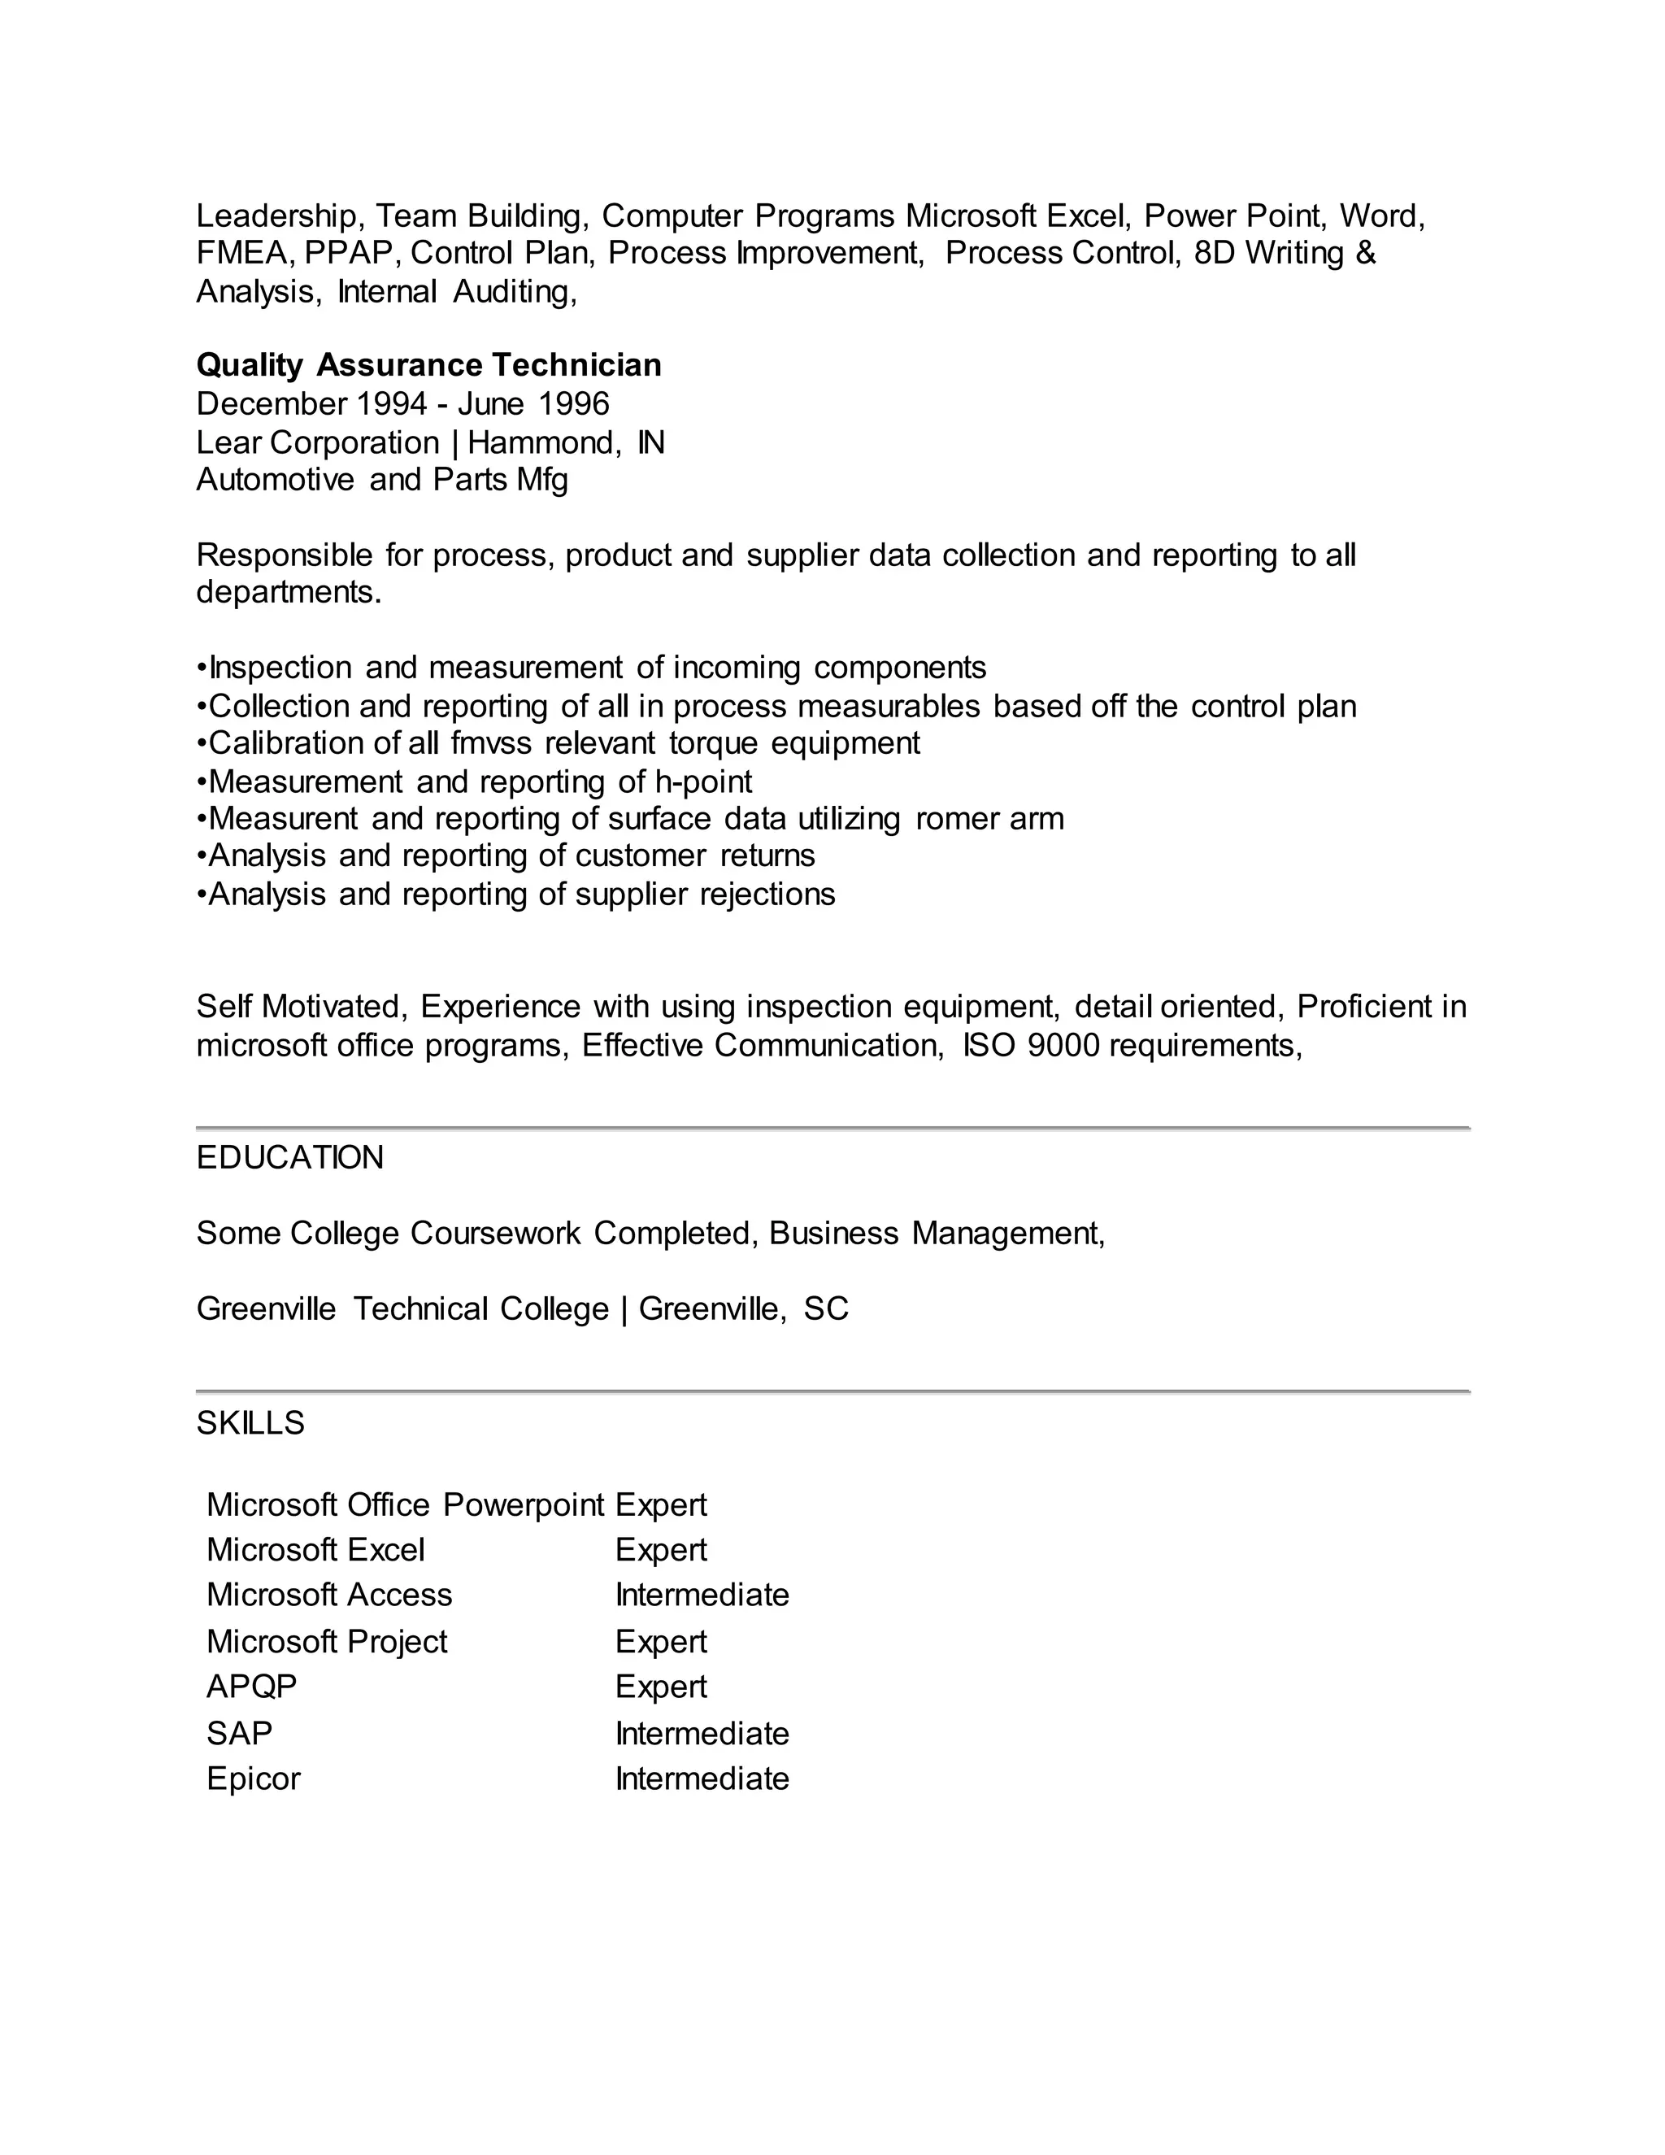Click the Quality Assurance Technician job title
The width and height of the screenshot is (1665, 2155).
[428, 365]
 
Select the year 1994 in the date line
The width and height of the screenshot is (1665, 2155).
[392, 403]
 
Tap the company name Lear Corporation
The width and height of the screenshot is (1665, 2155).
[318, 442]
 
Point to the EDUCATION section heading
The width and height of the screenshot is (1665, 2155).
[290, 1157]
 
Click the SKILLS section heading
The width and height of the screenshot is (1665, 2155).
[250, 1423]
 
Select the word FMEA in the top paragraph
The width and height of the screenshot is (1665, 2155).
[244, 254]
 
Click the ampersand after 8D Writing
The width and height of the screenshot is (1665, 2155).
[1365, 254]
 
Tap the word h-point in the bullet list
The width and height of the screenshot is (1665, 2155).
[702, 781]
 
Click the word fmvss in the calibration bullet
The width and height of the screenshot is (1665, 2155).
[490, 743]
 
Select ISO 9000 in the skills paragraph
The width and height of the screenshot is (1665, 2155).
[1031, 1045]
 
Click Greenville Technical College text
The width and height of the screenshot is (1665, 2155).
[402, 1309]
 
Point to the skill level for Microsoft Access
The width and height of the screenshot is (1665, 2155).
[702, 1595]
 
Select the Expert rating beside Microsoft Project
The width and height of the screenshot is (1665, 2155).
[660, 1641]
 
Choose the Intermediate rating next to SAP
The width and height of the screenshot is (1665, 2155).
[702, 1733]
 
